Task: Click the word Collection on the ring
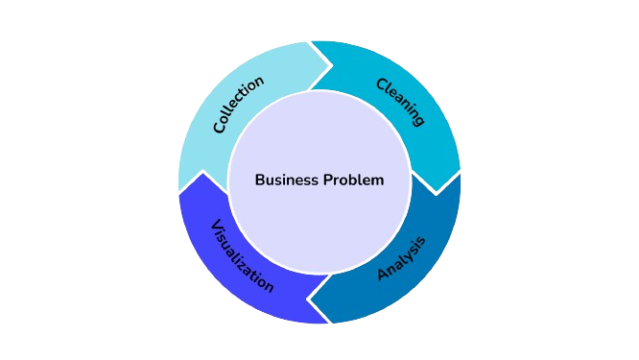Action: (238, 105)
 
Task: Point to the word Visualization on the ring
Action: (242, 256)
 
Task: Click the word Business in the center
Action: (285, 180)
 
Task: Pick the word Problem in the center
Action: (352, 180)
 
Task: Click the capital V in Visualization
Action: (216, 227)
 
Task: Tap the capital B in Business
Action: (260, 180)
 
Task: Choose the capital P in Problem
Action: (326, 180)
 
